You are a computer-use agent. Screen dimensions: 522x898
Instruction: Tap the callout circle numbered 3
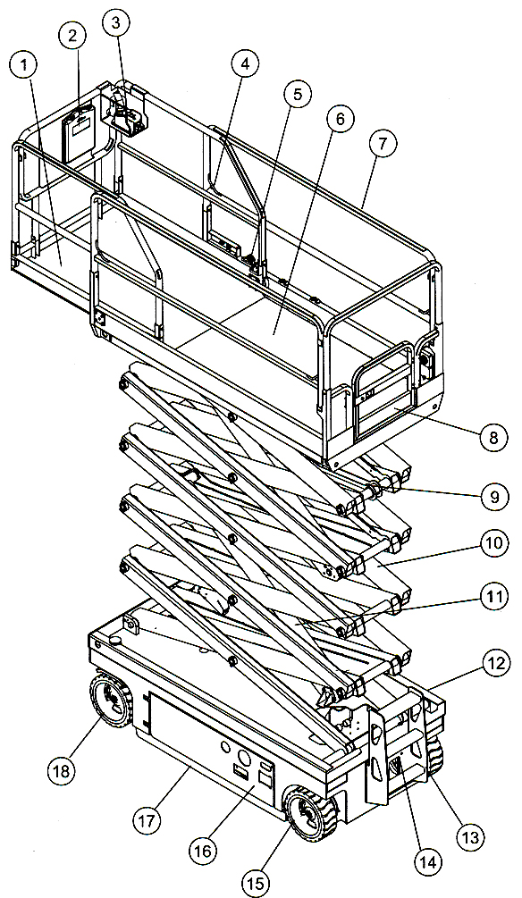pos(116,24)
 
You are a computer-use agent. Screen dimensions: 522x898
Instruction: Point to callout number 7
pos(383,145)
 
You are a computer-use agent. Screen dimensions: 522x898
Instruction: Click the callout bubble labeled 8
pos(494,440)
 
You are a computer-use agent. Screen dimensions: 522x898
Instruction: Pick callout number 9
pos(494,497)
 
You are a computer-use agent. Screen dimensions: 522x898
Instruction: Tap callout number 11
pos(494,598)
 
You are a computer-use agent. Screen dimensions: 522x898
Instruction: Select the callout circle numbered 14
pos(428,862)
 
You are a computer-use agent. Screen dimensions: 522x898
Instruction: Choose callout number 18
pos(62,771)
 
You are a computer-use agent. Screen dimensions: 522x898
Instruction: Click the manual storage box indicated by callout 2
pos(78,133)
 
